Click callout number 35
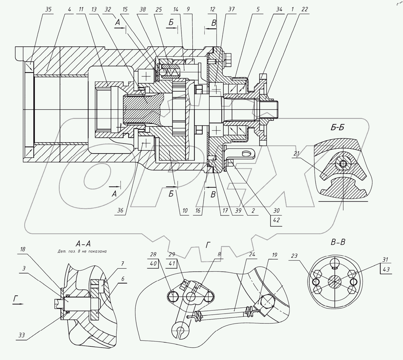pos(48,9)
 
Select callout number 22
pos(304,9)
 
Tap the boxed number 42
pos(276,220)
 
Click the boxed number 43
pos(386,269)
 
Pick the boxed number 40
pos(153,263)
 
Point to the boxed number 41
pos(172,263)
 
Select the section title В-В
pos(338,242)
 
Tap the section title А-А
pos(83,243)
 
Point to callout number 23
pos(294,256)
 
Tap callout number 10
pos(185,211)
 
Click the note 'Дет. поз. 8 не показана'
pos(82,252)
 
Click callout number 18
pos(23,249)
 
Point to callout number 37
pos(231,9)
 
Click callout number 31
pos(385,260)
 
